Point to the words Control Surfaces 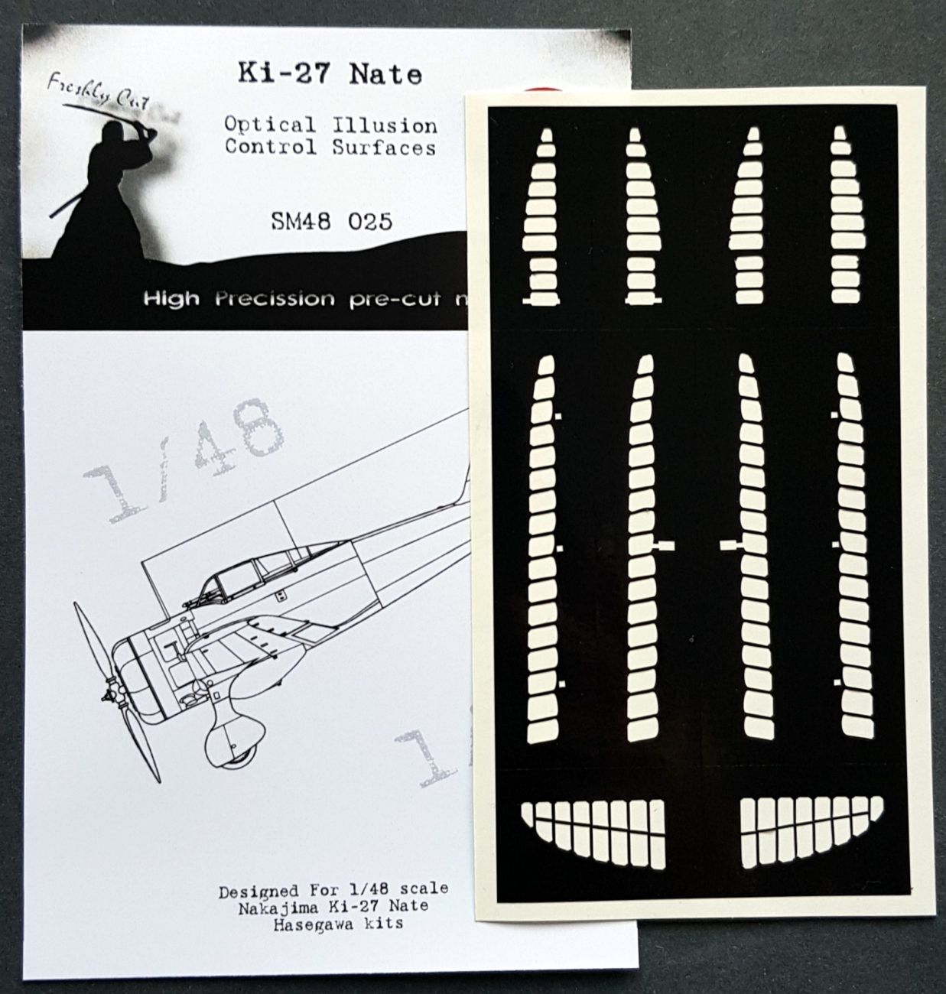pos(330,148)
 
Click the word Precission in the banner pos(274,298)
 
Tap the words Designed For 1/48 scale pos(333,891)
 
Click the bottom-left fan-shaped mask pos(593,836)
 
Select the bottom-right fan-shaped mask pos(811,836)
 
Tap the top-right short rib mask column pos(840,218)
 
